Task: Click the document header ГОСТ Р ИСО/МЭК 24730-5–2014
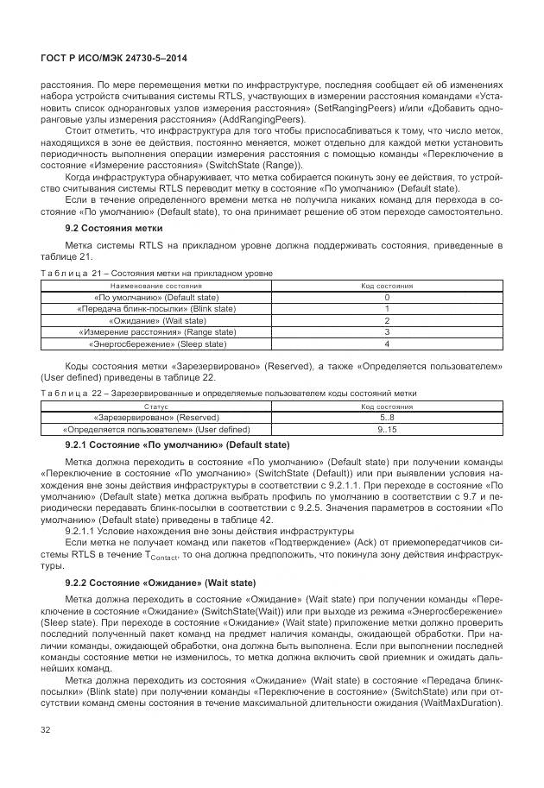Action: pyautogui.click(x=114, y=58)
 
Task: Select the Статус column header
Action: pyautogui.click(x=156, y=405)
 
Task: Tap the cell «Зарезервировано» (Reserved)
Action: pyautogui.click(x=156, y=416)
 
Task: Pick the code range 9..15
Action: pyautogui.click(x=386, y=428)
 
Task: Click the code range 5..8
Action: pyautogui.click(x=386, y=416)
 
